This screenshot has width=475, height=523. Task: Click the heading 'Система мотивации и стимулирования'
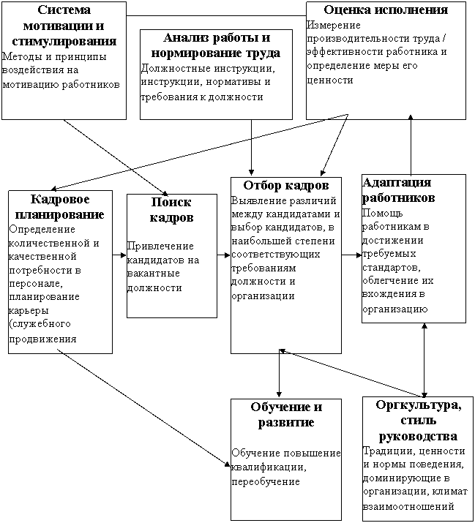pos(69,26)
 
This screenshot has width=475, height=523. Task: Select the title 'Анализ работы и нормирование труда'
pos(215,45)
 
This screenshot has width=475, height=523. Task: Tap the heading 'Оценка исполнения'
pos(385,10)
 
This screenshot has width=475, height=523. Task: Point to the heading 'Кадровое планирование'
pos(60,207)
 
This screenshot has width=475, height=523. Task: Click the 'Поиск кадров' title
pos(171,210)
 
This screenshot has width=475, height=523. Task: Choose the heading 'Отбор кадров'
pos(285,186)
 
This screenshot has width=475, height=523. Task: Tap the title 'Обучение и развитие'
pos(285,415)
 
